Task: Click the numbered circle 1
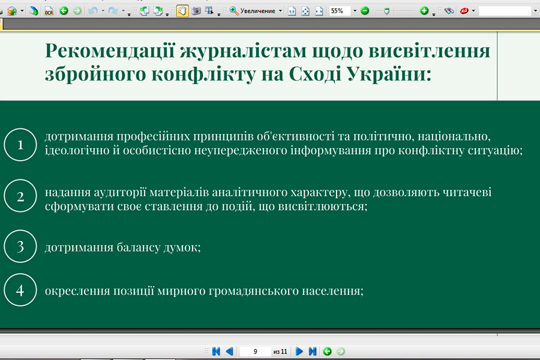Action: [20, 128]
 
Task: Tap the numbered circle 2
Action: [20, 179]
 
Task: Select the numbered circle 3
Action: [20, 230]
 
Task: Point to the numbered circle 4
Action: [20, 274]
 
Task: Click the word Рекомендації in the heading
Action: [110, 50]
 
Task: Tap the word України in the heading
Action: [389, 74]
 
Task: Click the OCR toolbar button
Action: [49, 11]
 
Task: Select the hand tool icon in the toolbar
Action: [182, 11]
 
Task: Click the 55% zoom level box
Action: [340, 11]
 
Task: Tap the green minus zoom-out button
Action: [365, 11]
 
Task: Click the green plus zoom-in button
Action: [424, 11]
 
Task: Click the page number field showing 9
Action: [255, 352]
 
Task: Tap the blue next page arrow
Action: [299, 352]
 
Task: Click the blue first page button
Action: [216, 352]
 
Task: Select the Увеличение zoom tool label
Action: [257, 11]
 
